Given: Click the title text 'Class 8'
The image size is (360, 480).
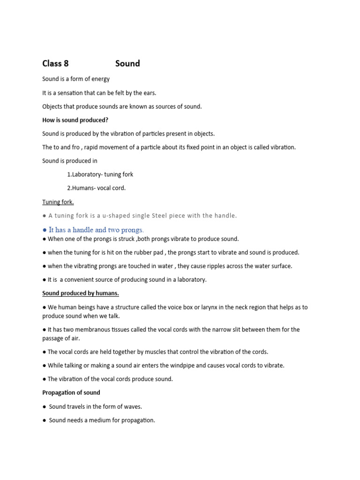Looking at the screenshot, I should click(55, 64).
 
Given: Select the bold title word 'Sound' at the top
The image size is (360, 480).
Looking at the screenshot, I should click(127, 64).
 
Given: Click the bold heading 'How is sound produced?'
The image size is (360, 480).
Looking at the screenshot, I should click(75, 120).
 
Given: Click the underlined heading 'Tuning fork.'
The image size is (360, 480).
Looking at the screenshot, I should click(58, 202).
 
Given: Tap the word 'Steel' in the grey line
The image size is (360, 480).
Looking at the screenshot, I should click(162, 216).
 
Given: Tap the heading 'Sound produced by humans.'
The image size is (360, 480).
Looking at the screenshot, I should click(81, 293).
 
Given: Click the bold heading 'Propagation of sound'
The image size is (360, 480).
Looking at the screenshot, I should click(71, 392).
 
